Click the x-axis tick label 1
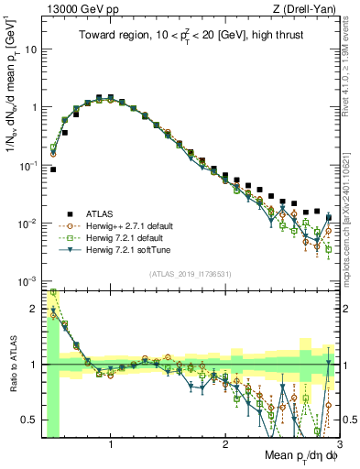(111, 445)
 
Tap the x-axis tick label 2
(225, 445)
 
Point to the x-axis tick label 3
(339, 445)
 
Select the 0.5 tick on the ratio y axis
(30, 420)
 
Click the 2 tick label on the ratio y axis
(35, 309)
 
